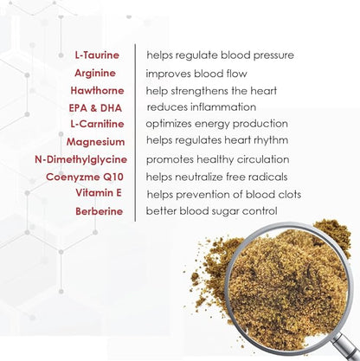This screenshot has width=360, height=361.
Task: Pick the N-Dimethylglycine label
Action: coord(80,159)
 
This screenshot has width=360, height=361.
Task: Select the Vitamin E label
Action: coord(100,193)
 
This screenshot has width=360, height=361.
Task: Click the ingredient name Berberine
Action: coord(99,210)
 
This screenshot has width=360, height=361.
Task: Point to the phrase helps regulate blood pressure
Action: coord(220,55)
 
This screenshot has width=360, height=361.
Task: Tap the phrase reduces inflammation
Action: coord(201,106)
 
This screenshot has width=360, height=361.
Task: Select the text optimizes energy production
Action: coord(216,124)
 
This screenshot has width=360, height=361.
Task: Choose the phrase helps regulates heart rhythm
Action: coord(217,141)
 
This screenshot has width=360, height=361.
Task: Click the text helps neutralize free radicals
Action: coord(220,177)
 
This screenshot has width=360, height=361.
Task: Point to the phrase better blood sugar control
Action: coord(211,210)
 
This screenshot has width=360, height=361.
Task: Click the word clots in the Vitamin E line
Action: coord(287,194)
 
